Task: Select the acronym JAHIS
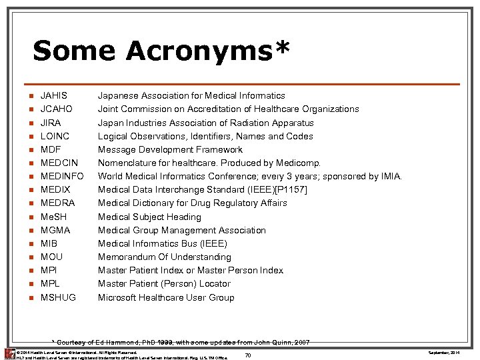54,95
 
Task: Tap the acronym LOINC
55,136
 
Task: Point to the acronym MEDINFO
62,177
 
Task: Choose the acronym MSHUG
59,297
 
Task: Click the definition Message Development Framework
170,149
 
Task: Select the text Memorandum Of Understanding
165,257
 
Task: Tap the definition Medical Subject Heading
149,217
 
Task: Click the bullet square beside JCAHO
31,109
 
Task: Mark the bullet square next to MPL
31,284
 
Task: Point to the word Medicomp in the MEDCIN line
299,163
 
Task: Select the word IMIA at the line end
389,177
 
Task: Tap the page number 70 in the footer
248,355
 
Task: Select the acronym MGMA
55,230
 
